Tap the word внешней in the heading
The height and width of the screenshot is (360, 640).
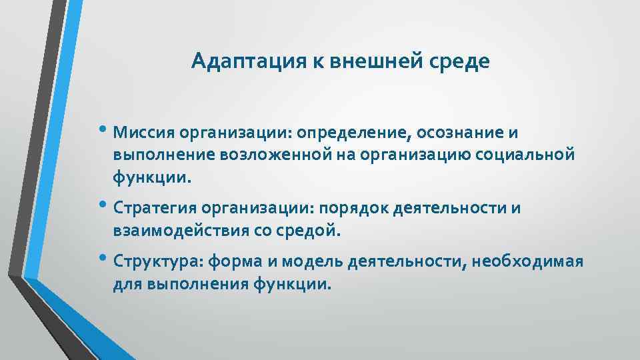coord(377,62)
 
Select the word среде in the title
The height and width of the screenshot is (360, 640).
coord(459,62)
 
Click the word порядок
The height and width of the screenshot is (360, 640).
coord(354,208)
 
